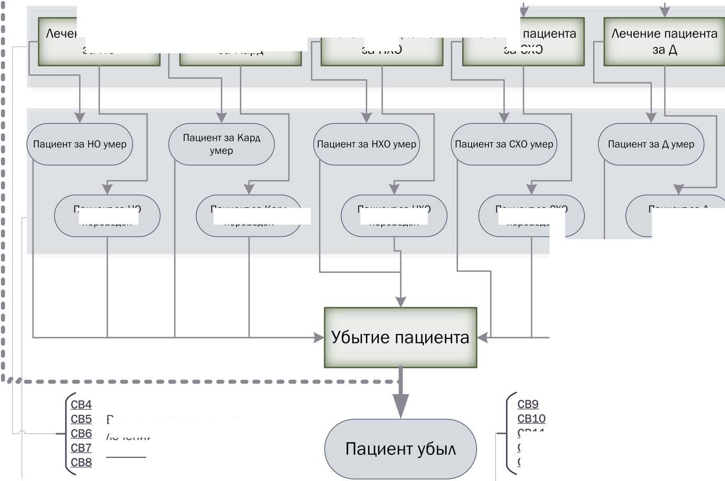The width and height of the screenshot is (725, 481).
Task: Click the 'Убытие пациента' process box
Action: click(400, 337)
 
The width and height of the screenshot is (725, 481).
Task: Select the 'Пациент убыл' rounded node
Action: click(400, 449)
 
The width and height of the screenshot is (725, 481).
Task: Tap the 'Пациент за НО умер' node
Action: click(80, 144)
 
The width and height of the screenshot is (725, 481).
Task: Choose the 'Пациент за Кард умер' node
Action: click(221, 144)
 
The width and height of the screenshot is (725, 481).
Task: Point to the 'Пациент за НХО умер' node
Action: click(366, 144)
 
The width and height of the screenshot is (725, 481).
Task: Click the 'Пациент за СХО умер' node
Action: click(504, 144)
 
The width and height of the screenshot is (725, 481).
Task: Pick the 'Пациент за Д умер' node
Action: click(651, 144)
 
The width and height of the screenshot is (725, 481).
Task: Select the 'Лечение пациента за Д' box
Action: click(664, 41)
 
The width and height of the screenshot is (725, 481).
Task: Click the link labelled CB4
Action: click(81, 405)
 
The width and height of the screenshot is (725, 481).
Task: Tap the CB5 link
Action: click(81, 419)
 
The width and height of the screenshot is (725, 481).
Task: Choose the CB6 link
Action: click(81, 433)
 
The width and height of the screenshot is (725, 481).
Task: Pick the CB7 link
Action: click(81, 448)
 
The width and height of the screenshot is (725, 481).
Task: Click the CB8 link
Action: click(81, 463)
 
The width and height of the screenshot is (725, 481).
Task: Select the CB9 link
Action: click(528, 404)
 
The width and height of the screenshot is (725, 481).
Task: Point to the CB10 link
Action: click(531, 419)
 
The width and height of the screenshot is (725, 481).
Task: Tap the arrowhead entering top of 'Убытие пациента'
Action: click(400, 301)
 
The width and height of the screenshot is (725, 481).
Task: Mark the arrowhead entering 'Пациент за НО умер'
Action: click(80, 118)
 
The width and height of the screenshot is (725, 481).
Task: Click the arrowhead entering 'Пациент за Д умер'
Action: click(651, 118)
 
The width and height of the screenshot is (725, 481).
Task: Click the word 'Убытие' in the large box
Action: click(363, 337)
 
